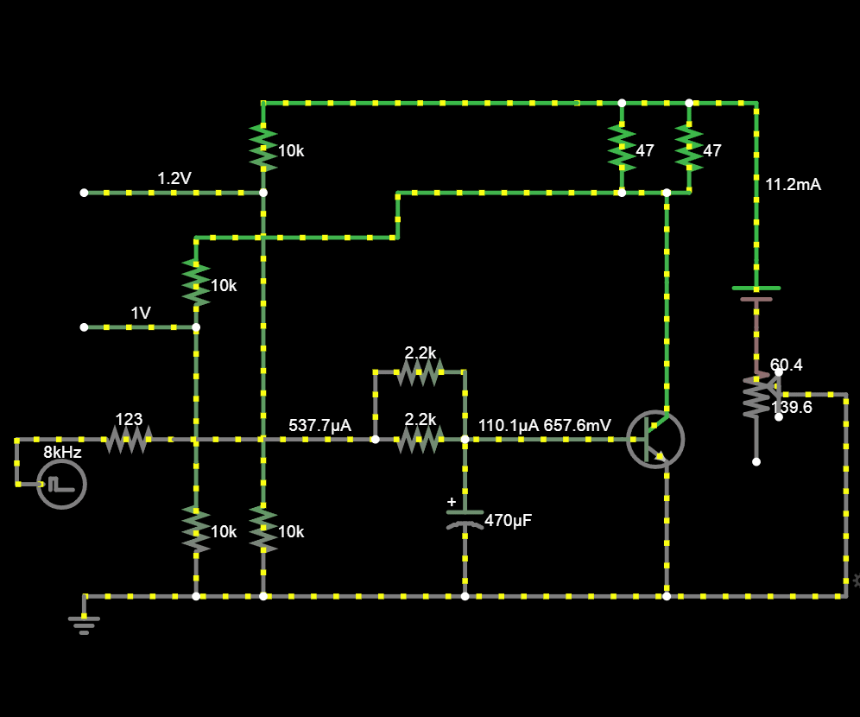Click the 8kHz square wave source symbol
point(61,484)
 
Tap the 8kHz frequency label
point(63,452)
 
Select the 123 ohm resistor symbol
point(129,439)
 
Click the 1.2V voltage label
point(174,179)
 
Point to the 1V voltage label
point(141,314)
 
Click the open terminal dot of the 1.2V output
point(84,193)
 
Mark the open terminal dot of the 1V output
point(84,327)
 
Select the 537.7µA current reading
point(319,425)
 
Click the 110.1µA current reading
point(508,425)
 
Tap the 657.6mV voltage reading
point(578,425)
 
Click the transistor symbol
point(655,439)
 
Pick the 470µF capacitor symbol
point(465,518)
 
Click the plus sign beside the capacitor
point(451,501)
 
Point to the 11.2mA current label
point(793,184)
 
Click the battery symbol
point(756,294)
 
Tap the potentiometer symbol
point(757,397)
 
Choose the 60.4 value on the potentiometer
point(787,365)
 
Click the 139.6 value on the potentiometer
point(791,407)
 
